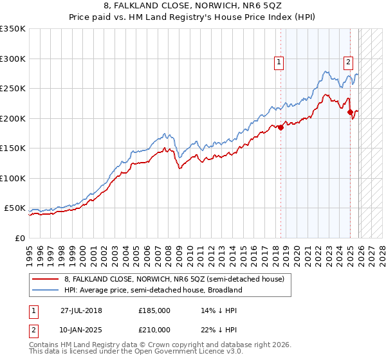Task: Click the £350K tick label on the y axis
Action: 13,29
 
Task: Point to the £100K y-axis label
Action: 13,178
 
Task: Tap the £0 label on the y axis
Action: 20,238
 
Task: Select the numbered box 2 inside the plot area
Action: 348,62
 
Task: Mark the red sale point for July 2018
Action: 281,127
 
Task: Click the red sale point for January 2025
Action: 351,113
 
